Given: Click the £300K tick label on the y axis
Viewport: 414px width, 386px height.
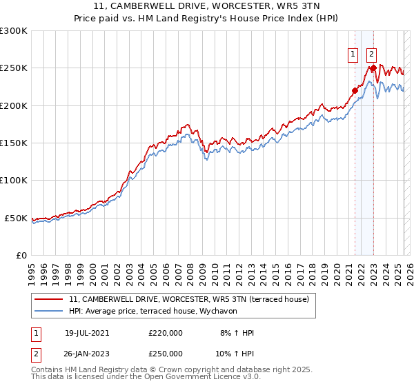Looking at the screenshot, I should coord(14,31).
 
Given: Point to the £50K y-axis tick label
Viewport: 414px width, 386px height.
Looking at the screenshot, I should coord(16,218).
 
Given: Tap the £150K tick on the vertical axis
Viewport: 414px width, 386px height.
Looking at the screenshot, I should coord(14,143).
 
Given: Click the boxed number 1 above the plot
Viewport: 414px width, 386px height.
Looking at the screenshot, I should coord(353,55).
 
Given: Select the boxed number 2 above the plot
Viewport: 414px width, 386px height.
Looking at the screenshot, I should coord(371,55).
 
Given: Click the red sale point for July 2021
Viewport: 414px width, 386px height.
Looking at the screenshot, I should coord(355,90).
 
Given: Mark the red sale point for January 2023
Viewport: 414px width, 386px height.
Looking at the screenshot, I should coord(373,68).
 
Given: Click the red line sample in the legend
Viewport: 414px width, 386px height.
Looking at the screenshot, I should coord(49,299).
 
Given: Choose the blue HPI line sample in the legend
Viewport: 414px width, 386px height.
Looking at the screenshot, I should coord(49,310).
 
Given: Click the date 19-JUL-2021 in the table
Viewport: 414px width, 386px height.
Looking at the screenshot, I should coord(87,333).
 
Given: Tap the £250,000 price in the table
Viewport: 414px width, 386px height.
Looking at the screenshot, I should coord(166,354).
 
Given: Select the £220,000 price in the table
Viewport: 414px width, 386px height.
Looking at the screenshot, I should coord(166,333).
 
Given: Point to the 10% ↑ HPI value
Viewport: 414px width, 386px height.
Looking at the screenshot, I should coord(235,354).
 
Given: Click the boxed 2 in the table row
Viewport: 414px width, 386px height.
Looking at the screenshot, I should coord(35,354).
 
